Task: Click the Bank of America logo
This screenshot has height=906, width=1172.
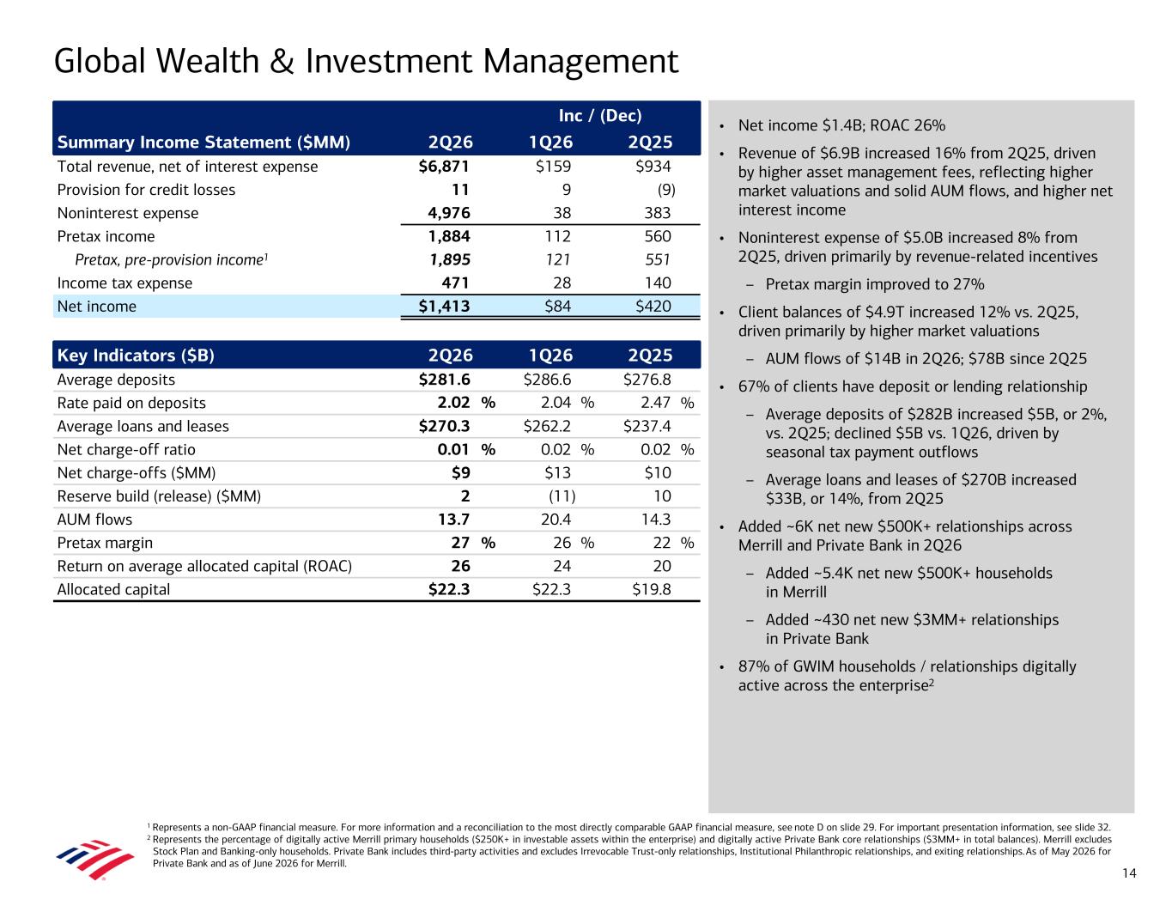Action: point(95,859)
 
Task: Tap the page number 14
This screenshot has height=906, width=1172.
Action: point(1129,873)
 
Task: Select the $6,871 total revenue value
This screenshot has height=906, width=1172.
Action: point(444,167)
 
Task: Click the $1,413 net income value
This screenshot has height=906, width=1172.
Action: point(444,307)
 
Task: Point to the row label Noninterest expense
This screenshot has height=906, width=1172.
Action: point(128,213)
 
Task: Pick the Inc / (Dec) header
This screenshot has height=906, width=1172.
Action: point(600,115)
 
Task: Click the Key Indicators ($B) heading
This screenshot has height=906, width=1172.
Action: point(136,356)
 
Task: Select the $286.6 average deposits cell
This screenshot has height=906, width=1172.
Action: point(547,380)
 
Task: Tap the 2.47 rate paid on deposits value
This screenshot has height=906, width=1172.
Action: point(655,403)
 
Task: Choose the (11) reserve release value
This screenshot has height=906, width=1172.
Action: point(562,496)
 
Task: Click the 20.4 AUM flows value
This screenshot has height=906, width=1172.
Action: point(556,520)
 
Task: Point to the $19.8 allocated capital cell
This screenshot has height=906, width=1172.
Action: point(652,589)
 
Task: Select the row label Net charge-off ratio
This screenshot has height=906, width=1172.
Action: point(126,450)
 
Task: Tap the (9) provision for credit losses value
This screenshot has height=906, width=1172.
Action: point(666,190)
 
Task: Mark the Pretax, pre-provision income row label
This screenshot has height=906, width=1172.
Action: point(172,260)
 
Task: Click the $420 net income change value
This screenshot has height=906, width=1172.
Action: point(653,307)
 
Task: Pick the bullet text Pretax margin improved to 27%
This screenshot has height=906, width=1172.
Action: point(874,284)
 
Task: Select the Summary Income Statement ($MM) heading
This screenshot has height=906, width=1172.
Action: point(203,143)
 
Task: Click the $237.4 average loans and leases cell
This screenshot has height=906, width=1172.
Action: point(647,427)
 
